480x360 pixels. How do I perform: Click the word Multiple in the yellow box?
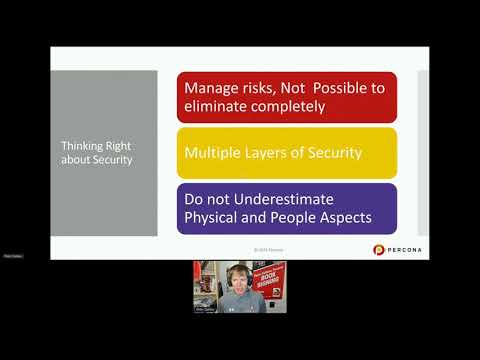coord(215,154)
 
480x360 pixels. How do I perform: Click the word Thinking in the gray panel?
coord(81,146)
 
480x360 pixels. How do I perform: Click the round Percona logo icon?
coord(379,249)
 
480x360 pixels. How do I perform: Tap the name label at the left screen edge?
coord(12,256)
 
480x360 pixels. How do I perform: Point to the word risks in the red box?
coord(266,87)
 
